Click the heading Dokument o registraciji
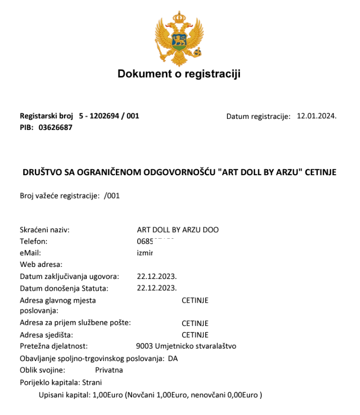179,74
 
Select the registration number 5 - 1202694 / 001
109,116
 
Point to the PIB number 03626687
55,127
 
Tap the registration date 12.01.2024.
317,116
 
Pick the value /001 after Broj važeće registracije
112,196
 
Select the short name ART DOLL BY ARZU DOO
177,230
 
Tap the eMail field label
30,253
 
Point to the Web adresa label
41,264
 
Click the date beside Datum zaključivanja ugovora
157,276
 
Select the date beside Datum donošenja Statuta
157,288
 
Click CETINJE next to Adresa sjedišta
195,335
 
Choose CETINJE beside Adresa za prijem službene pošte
195,323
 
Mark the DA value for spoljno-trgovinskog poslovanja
173,359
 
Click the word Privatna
109,370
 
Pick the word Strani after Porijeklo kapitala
92,382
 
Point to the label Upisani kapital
65,395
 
